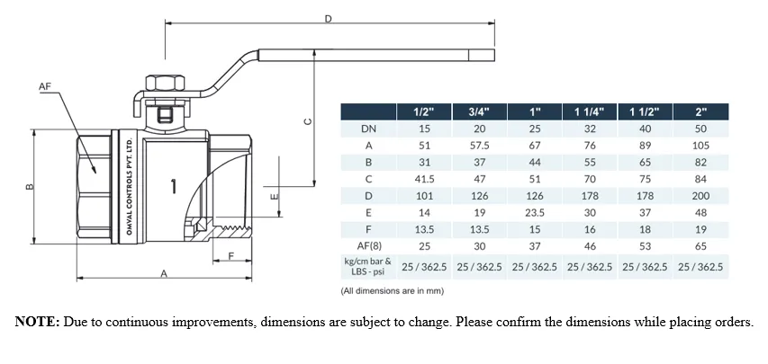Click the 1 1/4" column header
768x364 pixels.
point(590,112)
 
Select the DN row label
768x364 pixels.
point(368,129)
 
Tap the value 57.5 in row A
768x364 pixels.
point(480,146)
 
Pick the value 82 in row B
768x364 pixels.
point(700,163)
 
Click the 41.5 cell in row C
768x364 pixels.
point(424,179)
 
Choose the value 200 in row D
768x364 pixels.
point(700,196)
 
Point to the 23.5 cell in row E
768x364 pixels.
point(535,212)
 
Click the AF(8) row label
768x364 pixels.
point(368,245)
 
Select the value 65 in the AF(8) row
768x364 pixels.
point(700,245)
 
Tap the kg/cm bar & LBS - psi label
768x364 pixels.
point(368,267)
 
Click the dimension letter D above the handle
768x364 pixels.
point(329,19)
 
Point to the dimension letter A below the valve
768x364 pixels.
point(165,274)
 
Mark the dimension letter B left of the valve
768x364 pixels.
point(29,187)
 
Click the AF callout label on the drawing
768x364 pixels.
point(45,86)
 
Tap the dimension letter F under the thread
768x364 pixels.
point(232,255)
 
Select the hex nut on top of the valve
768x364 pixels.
point(166,84)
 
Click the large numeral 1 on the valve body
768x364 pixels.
point(174,186)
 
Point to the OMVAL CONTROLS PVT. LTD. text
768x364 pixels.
point(130,186)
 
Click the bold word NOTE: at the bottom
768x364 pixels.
point(37,322)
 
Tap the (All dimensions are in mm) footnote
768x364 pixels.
point(393,291)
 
